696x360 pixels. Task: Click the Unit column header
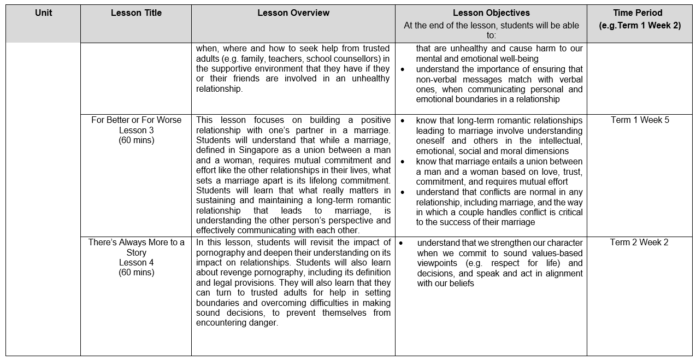coord(43,13)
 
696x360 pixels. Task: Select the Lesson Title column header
coord(136,13)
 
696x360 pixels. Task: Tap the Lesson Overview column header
coord(293,13)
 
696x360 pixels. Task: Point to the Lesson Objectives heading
coord(491,13)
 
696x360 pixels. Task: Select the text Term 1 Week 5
coord(639,120)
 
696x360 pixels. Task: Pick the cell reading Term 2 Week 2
coord(639,243)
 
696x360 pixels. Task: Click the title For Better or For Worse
coord(136,120)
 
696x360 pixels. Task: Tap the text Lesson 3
coord(136,130)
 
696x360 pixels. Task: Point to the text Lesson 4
coord(136,262)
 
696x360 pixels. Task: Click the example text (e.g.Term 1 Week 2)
coord(639,25)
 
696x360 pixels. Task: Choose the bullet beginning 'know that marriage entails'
coord(403,162)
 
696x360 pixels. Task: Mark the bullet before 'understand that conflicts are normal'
coord(403,192)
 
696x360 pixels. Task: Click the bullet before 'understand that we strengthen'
coord(403,243)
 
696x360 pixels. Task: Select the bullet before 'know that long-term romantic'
coord(403,120)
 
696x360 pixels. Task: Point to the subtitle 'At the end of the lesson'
coord(491,25)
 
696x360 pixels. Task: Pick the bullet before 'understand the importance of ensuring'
coord(403,69)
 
